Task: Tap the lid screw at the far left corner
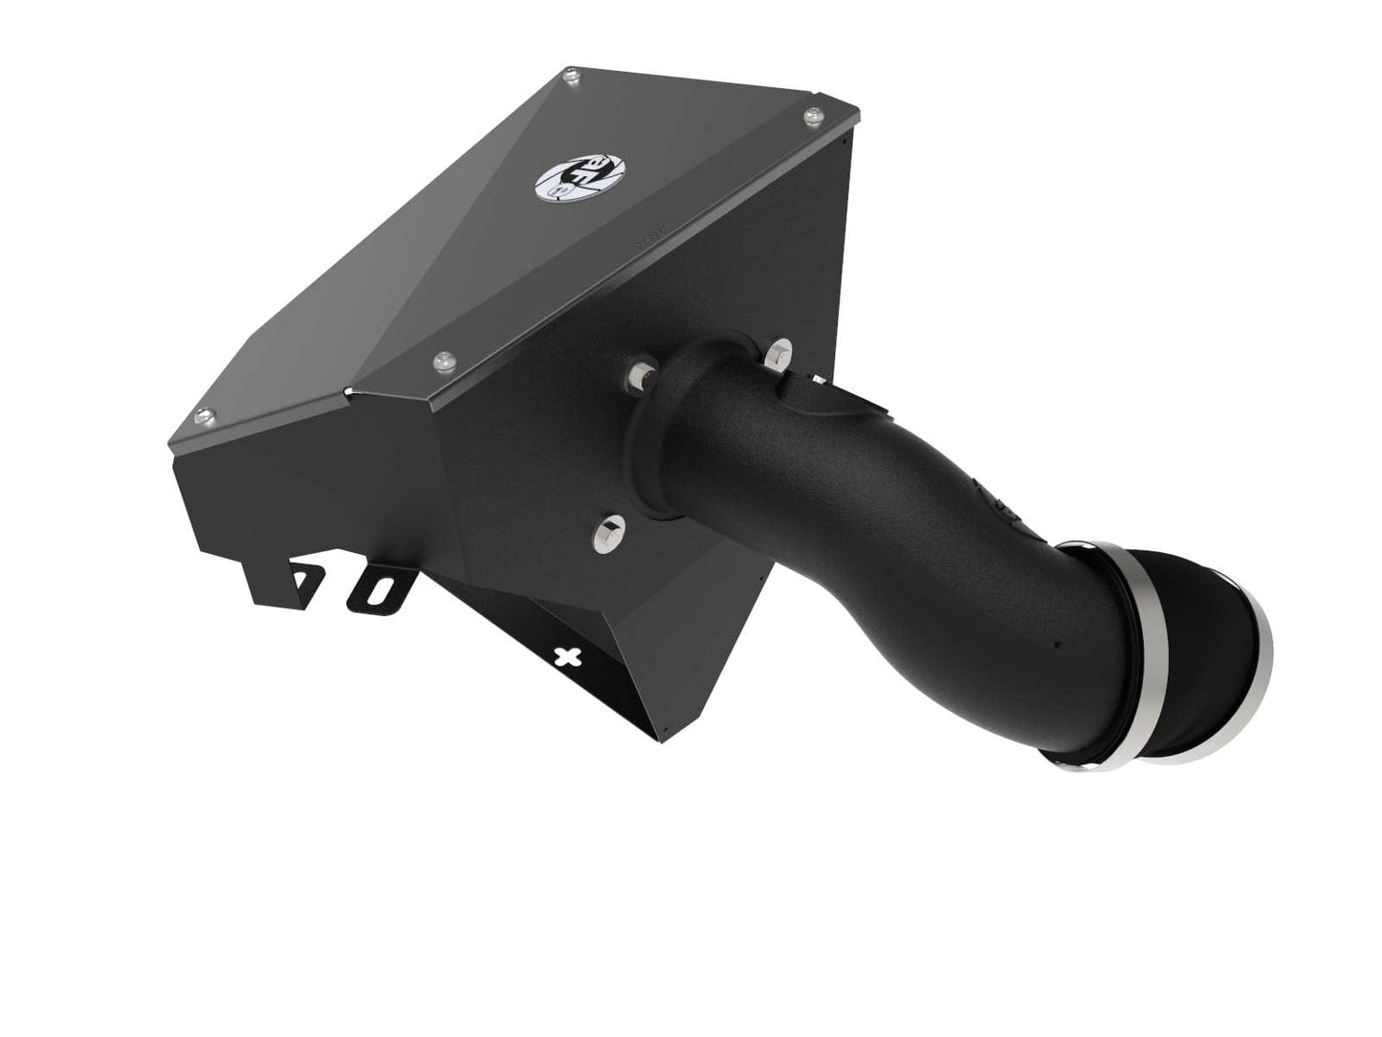click(x=201, y=415)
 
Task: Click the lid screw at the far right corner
click(x=813, y=116)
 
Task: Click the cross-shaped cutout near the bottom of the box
click(x=569, y=655)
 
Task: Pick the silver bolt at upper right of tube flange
click(x=779, y=352)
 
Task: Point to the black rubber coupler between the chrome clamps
click(x=1196, y=631)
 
